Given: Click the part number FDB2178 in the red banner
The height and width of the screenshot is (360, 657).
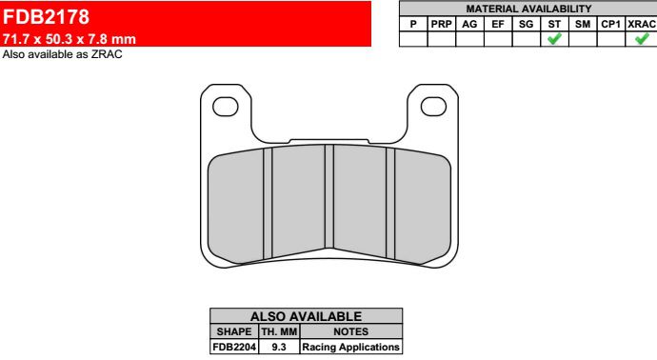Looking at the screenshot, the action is pos(46,17).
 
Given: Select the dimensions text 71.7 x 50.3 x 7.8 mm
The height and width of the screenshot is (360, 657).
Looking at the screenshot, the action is pos(70,39).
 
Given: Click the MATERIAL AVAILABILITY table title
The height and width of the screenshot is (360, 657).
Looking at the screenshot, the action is pos(528,9).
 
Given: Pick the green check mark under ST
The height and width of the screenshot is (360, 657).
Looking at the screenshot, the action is pos(554,38).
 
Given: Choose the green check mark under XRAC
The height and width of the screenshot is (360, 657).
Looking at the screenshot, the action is pos(642,38).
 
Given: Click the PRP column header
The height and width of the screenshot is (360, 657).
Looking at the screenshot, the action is pos(441,25).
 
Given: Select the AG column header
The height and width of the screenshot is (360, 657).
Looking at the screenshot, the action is pos(469,25).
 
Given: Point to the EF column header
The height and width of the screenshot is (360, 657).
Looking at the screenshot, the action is pos(498,25).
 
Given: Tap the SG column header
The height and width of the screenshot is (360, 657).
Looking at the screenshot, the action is pos(526,25).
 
